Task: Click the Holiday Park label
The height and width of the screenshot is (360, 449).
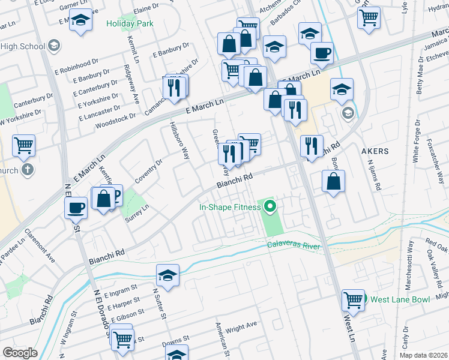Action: coord(130,23)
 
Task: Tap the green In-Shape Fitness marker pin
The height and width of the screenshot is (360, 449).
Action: coord(270,207)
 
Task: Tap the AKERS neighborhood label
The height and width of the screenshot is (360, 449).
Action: coord(376,152)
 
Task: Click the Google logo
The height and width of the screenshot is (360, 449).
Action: coord(20,353)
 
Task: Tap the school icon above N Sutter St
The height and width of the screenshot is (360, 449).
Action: coord(168,276)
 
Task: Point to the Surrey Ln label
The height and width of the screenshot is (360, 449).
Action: coord(136,216)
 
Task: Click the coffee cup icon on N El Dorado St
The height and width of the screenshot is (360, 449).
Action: coord(76,208)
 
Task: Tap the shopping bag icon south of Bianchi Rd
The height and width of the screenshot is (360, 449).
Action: coord(333,181)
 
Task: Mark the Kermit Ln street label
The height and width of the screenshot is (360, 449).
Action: coord(132,49)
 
